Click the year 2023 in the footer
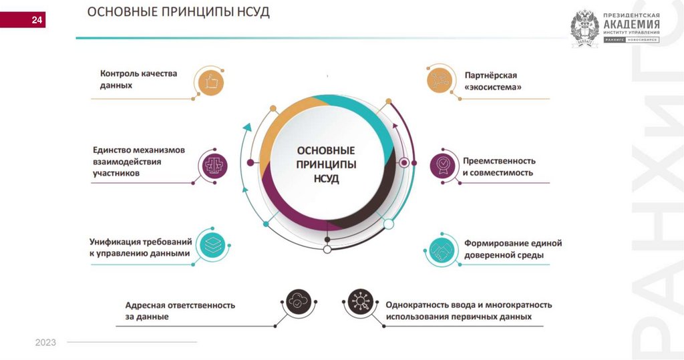pyautogui.click(x=46, y=343)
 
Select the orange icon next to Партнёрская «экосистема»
pyautogui.click(x=440, y=80)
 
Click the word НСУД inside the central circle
pyautogui.click(x=326, y=179)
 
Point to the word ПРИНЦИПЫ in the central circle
pyautogui.click(x=326, y=164)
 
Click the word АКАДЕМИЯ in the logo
pyautogui.click(x=631, y=24)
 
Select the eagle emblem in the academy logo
pyautogui.click(x=584, y=27)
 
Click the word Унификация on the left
pyautogui.click(x=116, y=242)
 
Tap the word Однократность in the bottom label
pyautogui.click(x=419, y=305)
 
